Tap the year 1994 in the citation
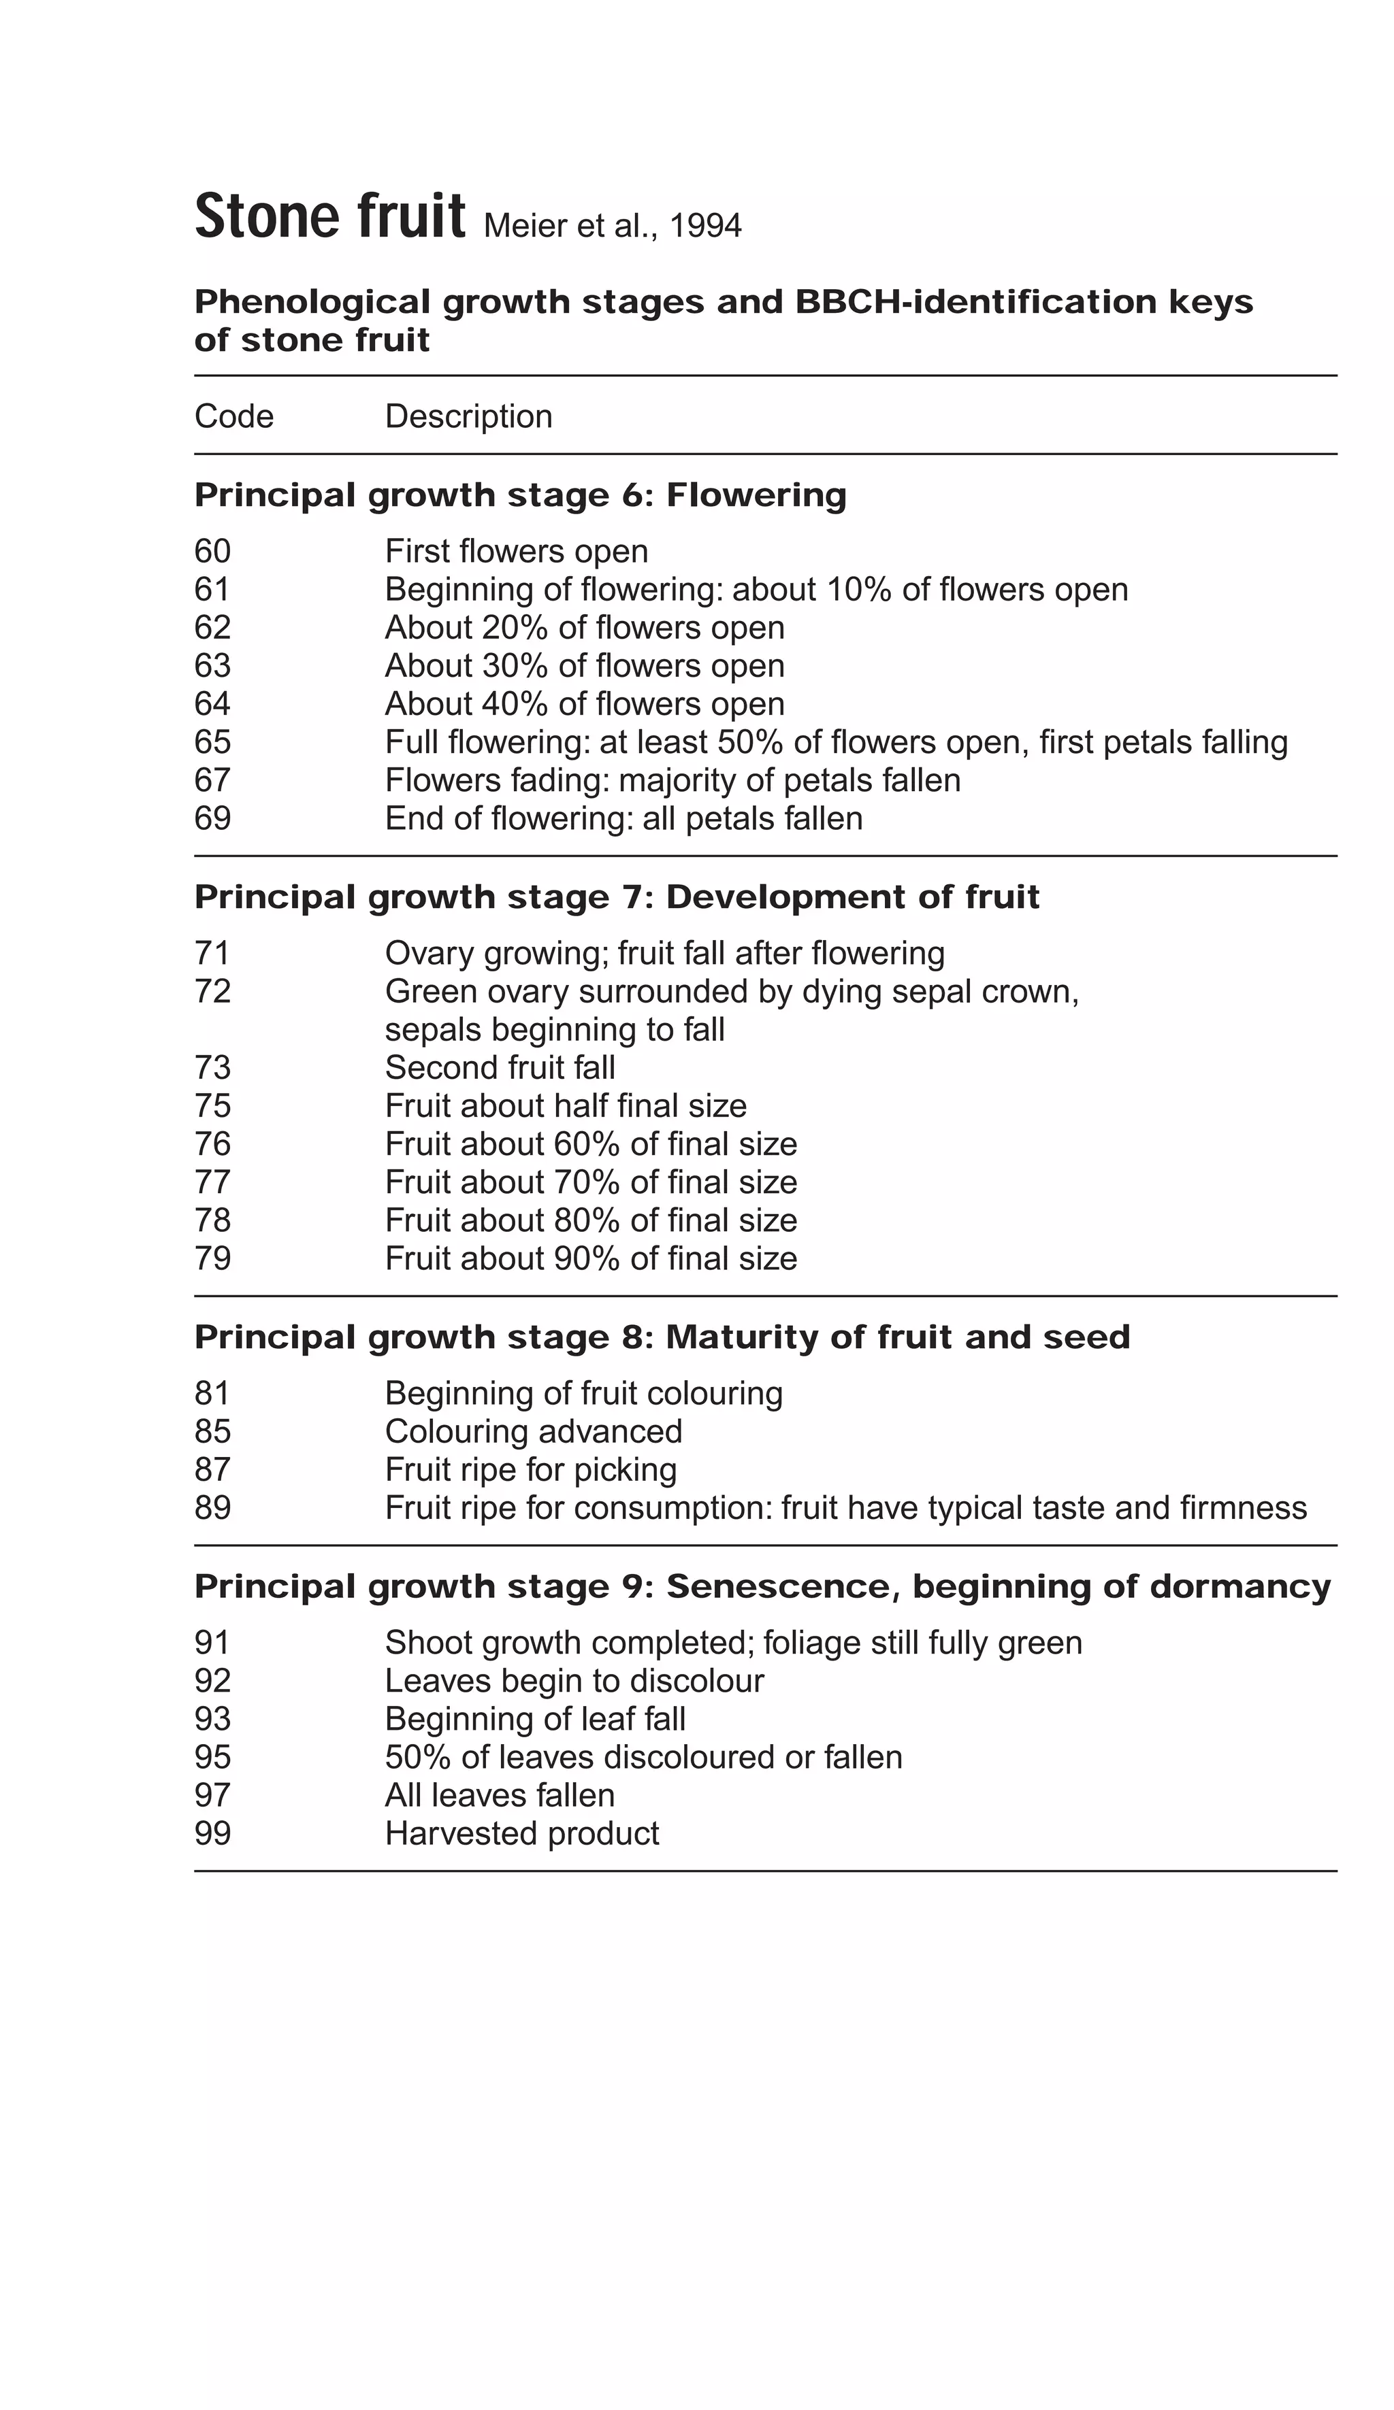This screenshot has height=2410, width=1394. (x=705, y=226)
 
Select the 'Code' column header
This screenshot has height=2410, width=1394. (x=233, y=416)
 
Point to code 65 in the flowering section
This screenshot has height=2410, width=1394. (x=212, y=741)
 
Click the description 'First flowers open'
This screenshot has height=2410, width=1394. (x=516, y=551)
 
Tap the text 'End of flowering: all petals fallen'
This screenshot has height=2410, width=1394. (x=623, y=818)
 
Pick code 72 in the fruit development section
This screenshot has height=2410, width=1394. (x=212, y=991)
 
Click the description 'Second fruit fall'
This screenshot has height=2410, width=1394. (x=500, y=1067)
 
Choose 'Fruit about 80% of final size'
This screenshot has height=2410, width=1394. (x=590, y=1220)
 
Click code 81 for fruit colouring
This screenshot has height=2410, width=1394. (x=212, y=1393)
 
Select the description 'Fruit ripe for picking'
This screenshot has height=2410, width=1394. (x=530, y=1470)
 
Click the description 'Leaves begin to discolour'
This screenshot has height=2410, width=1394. (x=574, y=1681)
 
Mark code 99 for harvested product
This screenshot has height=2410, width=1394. (x=212, y=1833)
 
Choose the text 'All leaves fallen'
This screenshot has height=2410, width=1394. (x=500, y=1795)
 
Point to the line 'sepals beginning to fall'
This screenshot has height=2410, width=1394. (x=554, y=1029)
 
